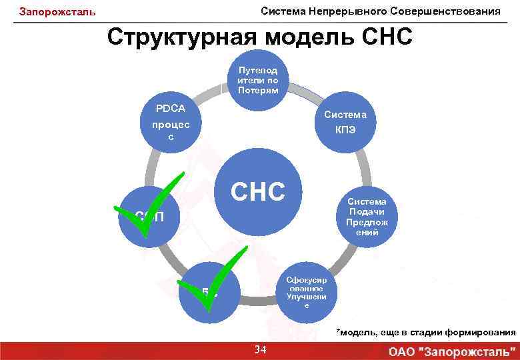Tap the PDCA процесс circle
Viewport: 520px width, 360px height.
(x=171, y=122)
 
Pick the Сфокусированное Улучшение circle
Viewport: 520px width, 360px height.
(x=306, y=291)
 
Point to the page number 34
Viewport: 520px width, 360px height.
(x=261, y=350)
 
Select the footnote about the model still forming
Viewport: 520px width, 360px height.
(x=425, y=332)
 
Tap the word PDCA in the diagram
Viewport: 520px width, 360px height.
(x=171, y=109)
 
